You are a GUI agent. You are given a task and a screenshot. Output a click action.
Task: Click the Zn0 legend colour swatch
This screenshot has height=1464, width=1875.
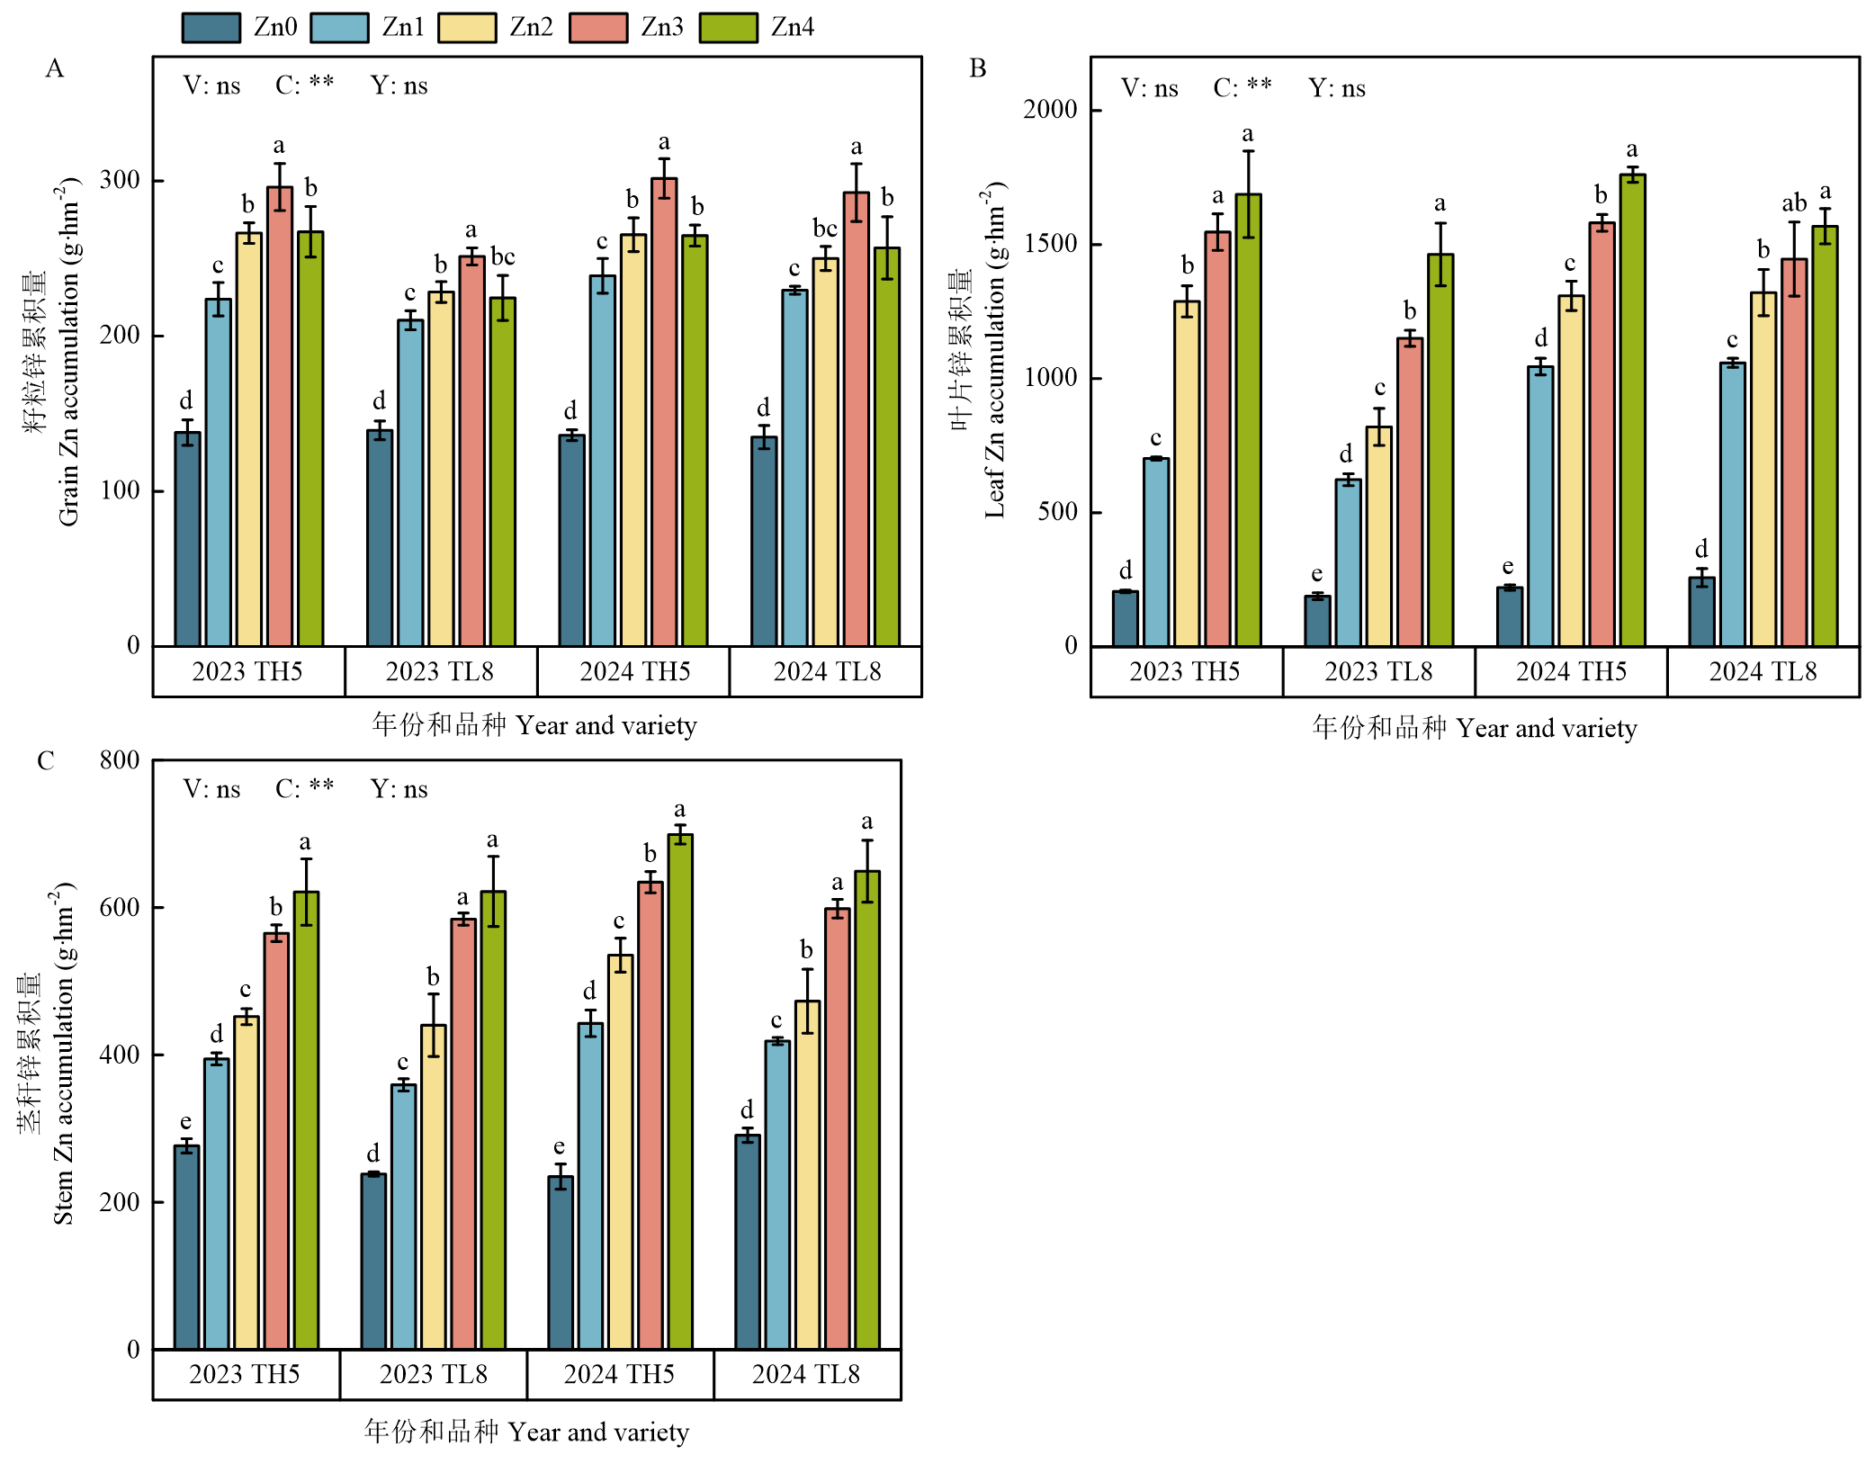click(211, 28)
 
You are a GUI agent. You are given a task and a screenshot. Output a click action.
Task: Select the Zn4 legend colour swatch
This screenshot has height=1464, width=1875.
click(728, 28)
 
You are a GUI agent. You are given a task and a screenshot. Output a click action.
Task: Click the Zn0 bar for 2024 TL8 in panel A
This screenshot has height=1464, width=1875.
click(764, 541)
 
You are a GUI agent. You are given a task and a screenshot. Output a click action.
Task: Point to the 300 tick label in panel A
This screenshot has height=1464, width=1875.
click(120, 180)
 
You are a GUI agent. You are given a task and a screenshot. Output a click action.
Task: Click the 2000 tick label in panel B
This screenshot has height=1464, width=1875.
click(1050, 110)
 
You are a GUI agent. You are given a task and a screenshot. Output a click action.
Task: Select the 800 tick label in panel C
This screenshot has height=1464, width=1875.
click(120, 760)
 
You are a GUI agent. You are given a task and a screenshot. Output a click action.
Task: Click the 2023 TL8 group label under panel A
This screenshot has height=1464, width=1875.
click(440, 672)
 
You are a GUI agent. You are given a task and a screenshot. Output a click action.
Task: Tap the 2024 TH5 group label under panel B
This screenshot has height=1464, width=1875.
click(1571, 672)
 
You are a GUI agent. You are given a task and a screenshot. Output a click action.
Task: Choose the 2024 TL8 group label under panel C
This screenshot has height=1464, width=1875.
click(806, 1375)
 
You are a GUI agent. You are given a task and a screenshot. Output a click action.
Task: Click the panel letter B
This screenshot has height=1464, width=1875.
click(978, 68)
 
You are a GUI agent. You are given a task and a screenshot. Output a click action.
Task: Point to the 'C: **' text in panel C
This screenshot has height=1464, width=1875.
click(304, 789)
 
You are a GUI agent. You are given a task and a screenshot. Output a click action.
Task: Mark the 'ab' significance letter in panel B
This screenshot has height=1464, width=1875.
click(1794, 203)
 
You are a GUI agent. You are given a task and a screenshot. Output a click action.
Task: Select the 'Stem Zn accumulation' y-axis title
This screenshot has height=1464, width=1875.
click(63, 1053)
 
